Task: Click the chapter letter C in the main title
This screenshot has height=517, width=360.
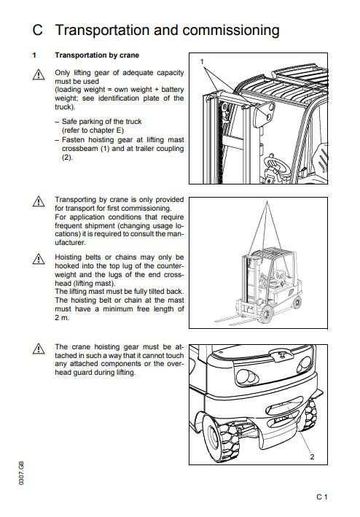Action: [38, 30]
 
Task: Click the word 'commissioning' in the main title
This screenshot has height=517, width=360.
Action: [230, 30]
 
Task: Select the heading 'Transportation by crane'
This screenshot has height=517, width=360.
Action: [97, 55]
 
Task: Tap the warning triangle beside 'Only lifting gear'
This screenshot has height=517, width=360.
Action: [39, 74]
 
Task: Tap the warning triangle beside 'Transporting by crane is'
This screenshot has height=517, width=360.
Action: [39, 201]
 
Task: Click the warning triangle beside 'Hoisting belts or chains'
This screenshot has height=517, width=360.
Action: [39, 259]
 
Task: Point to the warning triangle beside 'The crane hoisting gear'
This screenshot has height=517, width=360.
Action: [39, 349]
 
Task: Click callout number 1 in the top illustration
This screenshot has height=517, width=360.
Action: [202, 61]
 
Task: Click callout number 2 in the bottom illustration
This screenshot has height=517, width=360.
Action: [312, 456]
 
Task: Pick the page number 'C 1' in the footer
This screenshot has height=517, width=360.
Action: [322, 497]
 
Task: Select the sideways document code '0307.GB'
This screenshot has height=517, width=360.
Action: [21, 473]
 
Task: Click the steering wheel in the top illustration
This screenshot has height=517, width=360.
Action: [276, 166]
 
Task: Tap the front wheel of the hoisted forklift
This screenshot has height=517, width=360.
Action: [266, 314]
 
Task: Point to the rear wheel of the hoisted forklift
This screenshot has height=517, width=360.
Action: [297, 303]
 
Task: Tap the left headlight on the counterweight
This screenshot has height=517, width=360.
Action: [247, 376]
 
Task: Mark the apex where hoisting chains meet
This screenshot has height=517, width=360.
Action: [267, 201]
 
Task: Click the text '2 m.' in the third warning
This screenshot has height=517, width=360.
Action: [62, 318]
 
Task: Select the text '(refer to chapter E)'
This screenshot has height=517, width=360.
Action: [93, 131]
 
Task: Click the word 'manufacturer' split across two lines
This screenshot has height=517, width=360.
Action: [120, 238]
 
